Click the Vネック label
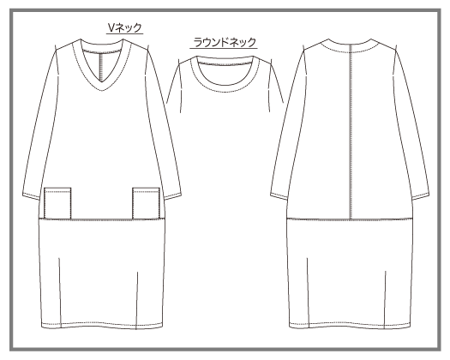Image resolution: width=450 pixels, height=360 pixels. pos(125,27)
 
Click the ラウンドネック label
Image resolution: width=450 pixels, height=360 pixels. pos(224,43)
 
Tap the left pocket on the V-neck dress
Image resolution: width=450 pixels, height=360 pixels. pos(57,203)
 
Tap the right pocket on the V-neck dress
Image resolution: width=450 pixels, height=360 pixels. pos(146,203)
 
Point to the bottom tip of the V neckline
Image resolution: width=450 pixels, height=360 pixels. pos(102,91)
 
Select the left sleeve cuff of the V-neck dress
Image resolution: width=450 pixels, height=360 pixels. pos(31,195)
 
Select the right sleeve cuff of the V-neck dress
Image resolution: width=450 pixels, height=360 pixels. pos(172,196)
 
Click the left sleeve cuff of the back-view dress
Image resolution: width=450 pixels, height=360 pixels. pos(279,196)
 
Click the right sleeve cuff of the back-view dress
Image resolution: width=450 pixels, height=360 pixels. pos(421,196)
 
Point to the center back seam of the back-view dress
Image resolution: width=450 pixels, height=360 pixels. pos(351,132)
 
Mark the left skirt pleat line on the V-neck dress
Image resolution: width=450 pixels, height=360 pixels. pos(60,293)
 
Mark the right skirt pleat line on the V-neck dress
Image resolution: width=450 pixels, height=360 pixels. pos(137,300)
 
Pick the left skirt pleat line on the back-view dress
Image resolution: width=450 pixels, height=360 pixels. pos(308,293)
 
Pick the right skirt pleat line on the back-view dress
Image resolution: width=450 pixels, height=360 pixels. pos(385,300)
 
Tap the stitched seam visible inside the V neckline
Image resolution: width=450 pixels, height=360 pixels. pos(101,67)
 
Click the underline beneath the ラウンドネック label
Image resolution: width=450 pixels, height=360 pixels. pos(224,48)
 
